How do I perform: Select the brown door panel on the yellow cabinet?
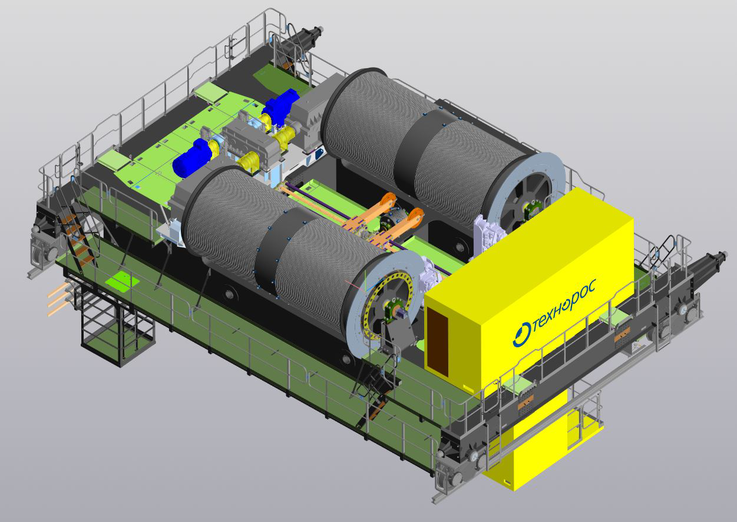coord(437,342)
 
